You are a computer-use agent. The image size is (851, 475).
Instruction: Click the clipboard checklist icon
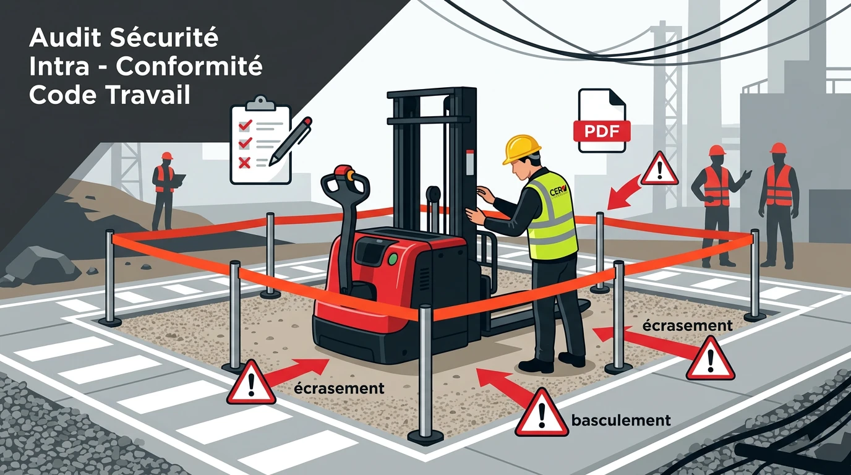260,141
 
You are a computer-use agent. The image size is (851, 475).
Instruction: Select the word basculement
621,421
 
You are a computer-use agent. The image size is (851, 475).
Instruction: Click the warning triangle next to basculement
542,413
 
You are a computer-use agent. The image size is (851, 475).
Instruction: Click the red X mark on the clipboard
244,163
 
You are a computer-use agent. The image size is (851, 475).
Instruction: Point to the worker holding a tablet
164,189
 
